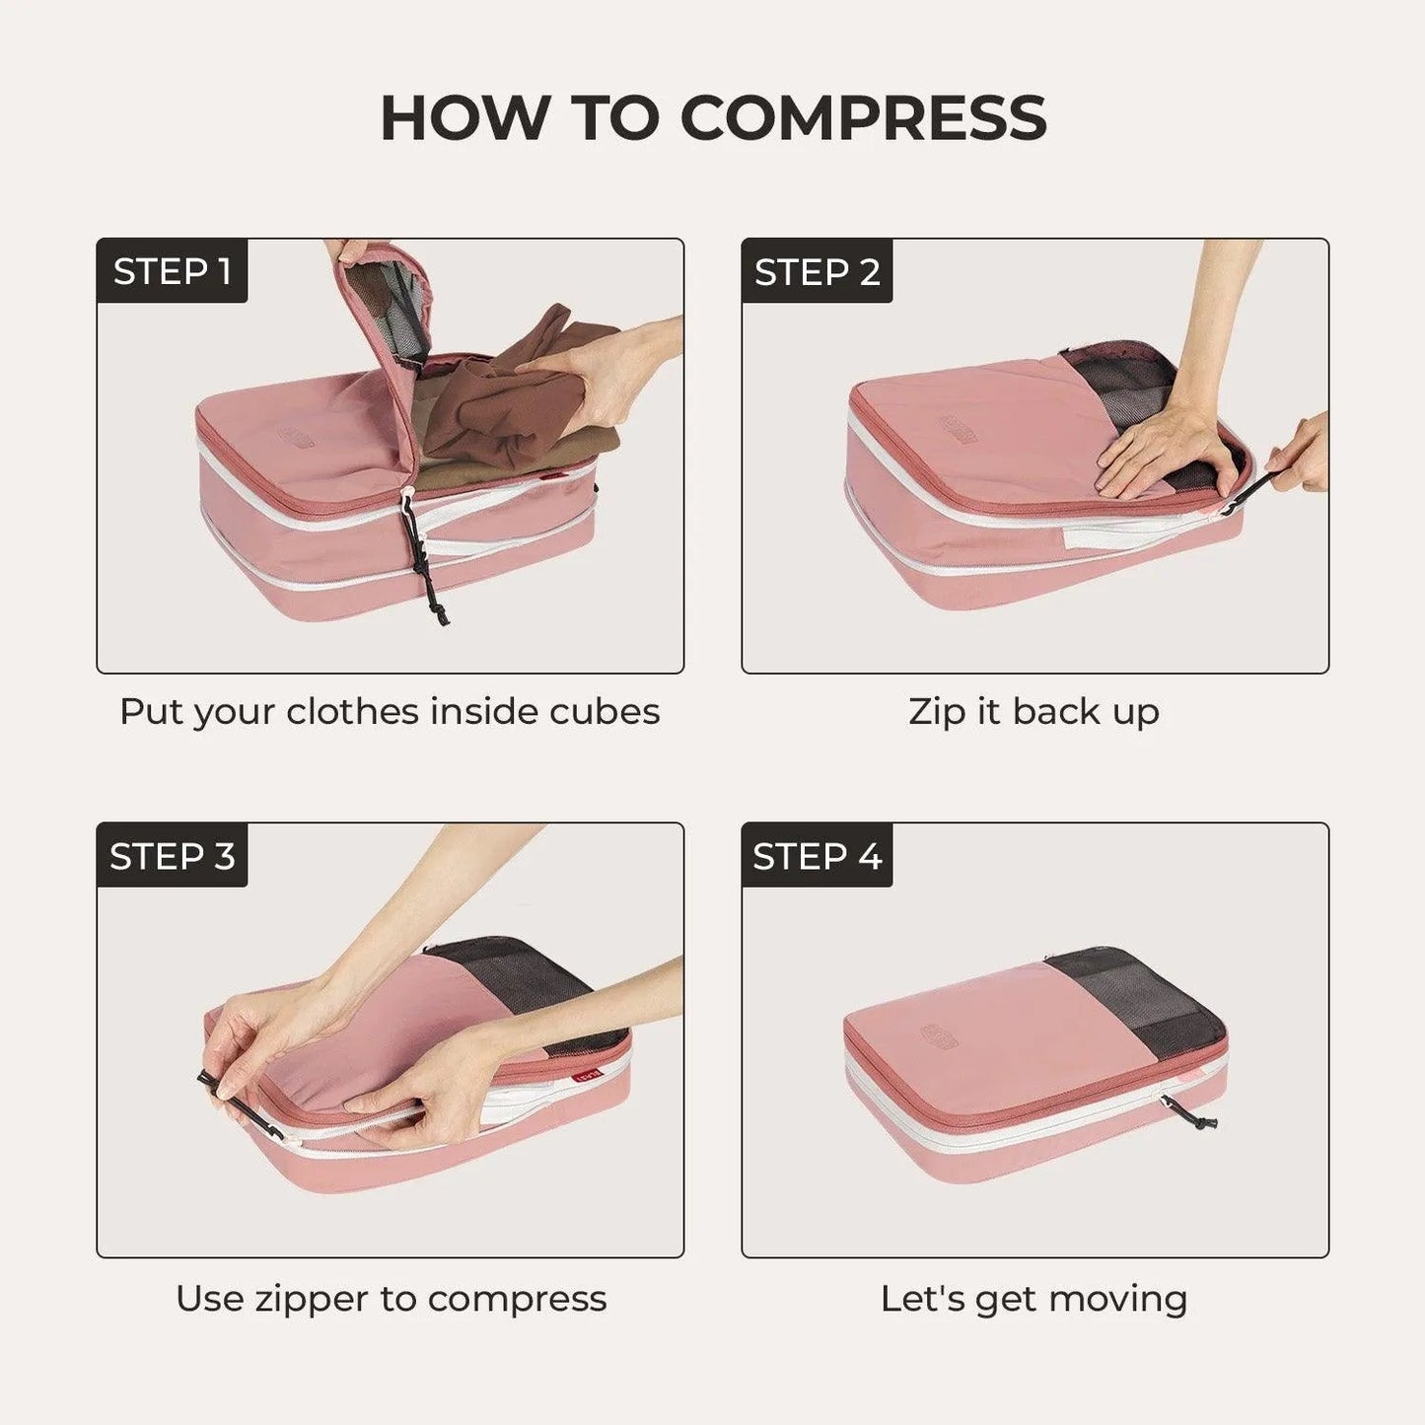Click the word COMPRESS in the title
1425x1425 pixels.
863,118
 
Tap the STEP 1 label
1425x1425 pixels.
172,271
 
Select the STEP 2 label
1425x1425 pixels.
817,271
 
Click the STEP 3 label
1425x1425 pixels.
172,856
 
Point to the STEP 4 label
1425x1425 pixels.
817,856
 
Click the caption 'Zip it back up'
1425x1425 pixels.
1033,711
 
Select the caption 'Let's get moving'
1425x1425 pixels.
1033,1298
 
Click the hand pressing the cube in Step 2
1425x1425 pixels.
1164,449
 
